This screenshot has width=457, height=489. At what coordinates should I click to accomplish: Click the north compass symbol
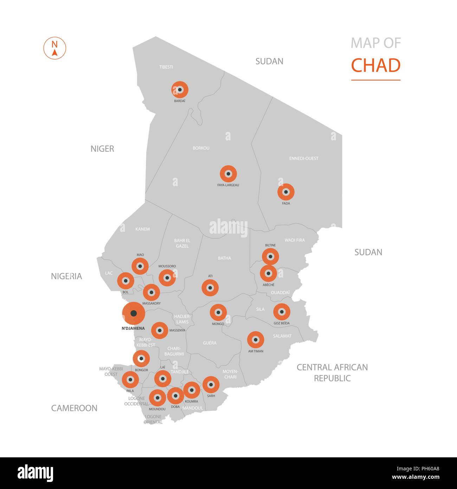(x=54, y=48)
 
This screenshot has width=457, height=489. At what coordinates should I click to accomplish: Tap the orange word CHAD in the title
(x=375, y=65)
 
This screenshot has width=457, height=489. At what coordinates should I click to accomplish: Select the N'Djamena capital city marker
(x=133, y=313)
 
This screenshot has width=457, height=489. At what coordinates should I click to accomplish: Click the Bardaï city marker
(x=180, y=90)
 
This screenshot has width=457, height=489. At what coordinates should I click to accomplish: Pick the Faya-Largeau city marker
(x=228, y=174)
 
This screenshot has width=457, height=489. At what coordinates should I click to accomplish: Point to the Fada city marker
(x=286, y=192)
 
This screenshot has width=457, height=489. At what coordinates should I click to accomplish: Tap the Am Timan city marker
(x=256, y=340)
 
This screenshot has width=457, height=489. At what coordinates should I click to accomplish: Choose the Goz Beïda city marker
(x=282, y=312)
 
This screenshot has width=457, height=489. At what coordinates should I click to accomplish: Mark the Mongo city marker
(x=218, y=312)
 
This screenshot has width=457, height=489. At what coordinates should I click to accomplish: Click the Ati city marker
(x=210, y=288)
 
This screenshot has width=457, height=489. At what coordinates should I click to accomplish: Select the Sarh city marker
(x=211, y=385)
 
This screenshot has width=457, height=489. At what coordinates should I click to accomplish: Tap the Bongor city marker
(x=141, y=359)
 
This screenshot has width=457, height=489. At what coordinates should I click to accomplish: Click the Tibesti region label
(x=166, y=67)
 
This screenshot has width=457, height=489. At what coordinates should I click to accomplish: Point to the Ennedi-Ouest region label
(x=303, y=158)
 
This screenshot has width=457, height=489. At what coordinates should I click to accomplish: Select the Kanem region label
(x=142, y=229)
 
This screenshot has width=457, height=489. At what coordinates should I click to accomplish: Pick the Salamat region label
(x=282, y=336)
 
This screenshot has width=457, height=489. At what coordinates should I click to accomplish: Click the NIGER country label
(x=102, y=149)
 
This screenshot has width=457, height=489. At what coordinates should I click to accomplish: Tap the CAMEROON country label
(x=74, y=408)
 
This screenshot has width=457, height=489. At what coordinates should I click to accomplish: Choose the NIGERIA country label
(x=66, y=276)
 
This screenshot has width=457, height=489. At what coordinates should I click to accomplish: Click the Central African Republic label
(x=332, y=373)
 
